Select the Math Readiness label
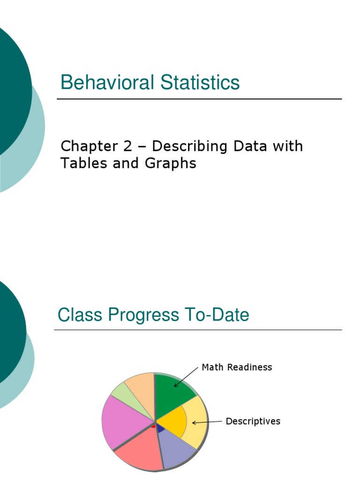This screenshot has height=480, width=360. [237, 367]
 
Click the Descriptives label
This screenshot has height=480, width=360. [253, 421]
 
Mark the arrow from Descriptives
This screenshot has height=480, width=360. [207, 422]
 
